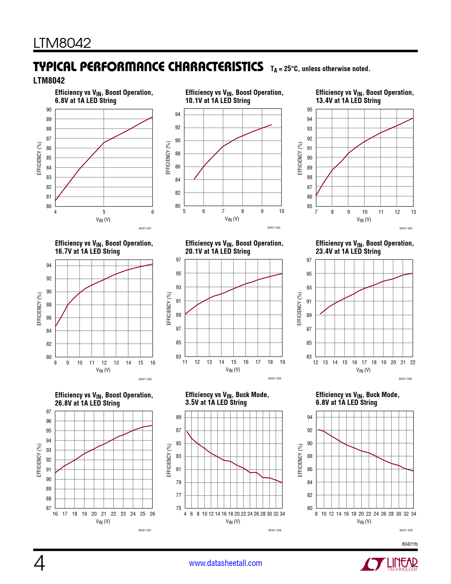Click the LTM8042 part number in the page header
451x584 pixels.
point(62,43)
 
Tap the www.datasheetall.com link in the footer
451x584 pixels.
point(225,563)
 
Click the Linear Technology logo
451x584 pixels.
point(389,564)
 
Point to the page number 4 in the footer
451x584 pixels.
point(39,563)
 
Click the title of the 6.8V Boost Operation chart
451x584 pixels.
point(104,96)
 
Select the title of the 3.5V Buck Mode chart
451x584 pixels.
point(227,399)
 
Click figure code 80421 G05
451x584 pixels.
point(274,378)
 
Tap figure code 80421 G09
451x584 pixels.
point(406,530)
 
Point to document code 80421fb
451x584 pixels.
point(410,544)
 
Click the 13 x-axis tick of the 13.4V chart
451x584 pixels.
point(413,212)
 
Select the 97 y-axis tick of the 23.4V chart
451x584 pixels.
point(309,260)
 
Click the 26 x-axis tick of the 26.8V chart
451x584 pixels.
point(152,514)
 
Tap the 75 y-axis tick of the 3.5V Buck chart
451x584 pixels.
point(179,508)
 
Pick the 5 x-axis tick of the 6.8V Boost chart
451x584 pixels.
point(104,212)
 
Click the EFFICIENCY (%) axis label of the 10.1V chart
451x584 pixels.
point(168,158)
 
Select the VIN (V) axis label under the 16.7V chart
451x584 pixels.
point(103,370)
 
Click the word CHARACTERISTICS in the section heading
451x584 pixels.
point(215,67)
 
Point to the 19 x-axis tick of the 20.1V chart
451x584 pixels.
point(282,362)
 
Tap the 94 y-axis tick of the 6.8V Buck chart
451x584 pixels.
point(310,417)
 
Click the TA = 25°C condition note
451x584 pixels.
point(320,69)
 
